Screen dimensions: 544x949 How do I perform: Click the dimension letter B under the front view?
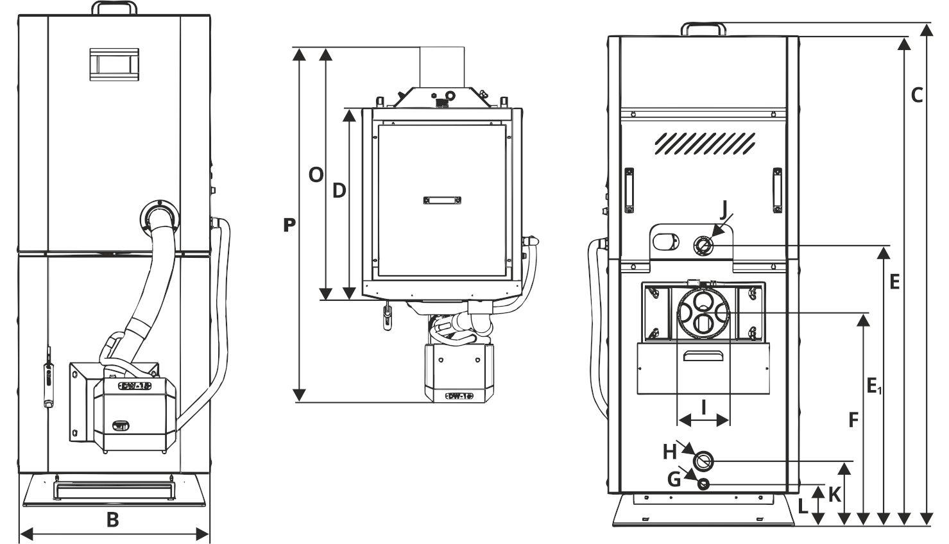113,520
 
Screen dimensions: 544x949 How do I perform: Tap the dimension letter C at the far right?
917,96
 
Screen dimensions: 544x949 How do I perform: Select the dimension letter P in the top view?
289,225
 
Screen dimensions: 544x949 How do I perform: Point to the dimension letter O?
316,174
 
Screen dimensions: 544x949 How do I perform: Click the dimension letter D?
339,191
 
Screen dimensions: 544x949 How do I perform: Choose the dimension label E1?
874,386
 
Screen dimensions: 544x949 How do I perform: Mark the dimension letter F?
853,420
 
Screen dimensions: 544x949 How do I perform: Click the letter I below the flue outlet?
704,406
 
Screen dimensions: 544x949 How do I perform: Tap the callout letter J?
723,208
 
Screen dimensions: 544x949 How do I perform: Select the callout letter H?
670,452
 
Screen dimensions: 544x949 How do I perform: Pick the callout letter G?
674,479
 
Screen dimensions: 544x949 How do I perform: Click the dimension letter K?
834,495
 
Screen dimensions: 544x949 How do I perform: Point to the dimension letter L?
803,507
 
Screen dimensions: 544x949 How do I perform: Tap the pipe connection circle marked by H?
704,461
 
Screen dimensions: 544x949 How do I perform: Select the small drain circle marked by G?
704,484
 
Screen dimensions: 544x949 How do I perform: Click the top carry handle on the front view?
114,8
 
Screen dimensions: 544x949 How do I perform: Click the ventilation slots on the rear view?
704,144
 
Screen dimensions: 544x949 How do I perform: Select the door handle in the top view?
443,200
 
